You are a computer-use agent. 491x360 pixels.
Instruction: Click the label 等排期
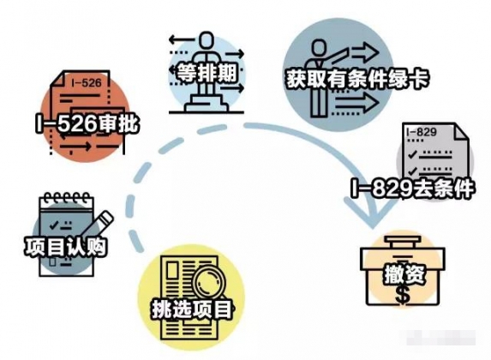(x=207, y=74)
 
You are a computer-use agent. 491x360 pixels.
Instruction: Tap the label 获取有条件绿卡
(x=357, y=79)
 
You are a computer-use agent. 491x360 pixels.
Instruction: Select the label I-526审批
(x=87, y=123)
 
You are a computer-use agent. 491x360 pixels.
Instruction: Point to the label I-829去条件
(x=412, y=189)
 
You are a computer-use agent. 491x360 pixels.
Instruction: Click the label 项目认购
(x=66, y=247)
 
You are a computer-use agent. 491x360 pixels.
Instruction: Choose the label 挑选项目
(x=192, y=309)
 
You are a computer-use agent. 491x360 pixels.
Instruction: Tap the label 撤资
(x=404, y=275)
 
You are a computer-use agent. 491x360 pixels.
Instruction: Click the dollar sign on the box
(x=403, y=295)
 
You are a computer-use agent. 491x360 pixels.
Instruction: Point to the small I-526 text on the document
(x=87, y=83)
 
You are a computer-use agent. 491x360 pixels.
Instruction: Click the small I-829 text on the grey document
(x=422, y=132)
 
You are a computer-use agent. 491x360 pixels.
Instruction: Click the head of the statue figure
(x=207, y=39)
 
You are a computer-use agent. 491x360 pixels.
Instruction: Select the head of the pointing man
(x=318, y=49)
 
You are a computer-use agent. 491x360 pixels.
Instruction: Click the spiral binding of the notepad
(x=67, y=198)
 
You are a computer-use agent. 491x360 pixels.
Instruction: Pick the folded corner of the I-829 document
(x=460, y=131)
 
